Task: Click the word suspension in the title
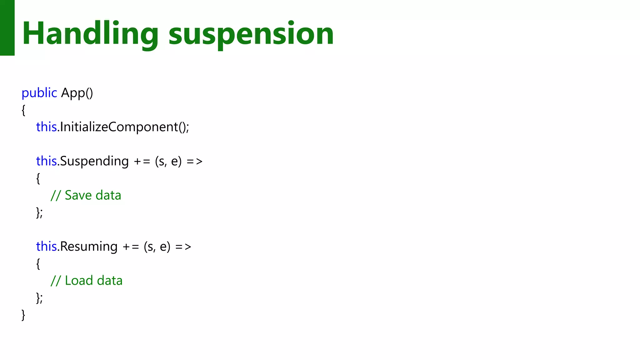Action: [251, 34]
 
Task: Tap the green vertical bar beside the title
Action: [7, 27]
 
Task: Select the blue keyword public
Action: [39, 93]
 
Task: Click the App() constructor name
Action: [77, 93]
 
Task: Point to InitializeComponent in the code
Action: [119, 127]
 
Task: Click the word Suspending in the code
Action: [94, 161]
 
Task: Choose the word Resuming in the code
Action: [89, 247]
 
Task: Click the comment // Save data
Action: [86, 195]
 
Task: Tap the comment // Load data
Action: [87, 281]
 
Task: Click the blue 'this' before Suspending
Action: [46, 161]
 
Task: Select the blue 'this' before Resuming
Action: [46, 247]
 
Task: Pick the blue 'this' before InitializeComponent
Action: [46, 127]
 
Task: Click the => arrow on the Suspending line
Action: [195, 162]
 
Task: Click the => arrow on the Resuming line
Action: [183, 247]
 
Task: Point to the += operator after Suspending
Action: [142, 162]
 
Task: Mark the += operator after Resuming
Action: [131, 247]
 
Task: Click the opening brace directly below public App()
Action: [23, 110]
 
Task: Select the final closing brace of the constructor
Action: [23, 315]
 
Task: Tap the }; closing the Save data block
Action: [39, 212]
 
